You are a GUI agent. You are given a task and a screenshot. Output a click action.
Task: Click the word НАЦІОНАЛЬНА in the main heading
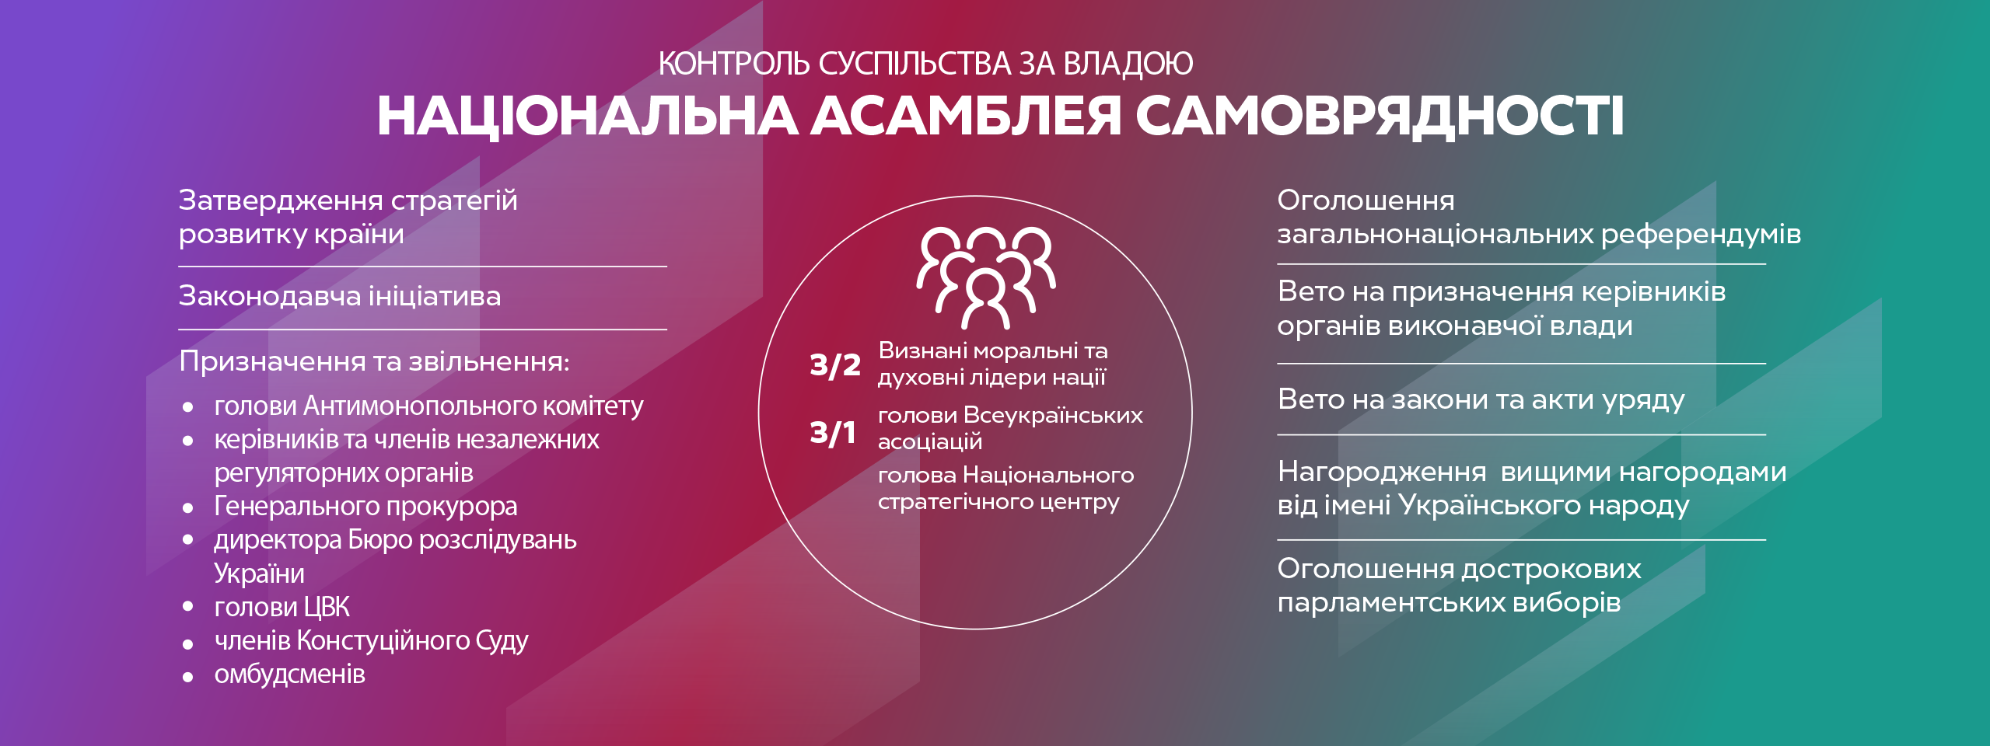click(587, 117)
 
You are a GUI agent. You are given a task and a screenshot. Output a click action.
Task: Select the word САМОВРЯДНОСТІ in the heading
click(1380, 117)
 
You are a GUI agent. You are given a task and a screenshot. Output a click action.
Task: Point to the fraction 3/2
click(834, 364)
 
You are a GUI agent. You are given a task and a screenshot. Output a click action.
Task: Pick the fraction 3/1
click(832, 432)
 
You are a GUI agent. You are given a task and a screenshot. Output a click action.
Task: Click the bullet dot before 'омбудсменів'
click(187, 677)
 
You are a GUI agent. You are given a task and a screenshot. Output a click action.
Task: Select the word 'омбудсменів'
click(289, 674)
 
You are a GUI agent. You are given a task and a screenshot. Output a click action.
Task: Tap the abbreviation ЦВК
click(327, 607)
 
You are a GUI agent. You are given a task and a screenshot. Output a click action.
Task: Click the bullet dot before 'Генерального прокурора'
click(187, 508)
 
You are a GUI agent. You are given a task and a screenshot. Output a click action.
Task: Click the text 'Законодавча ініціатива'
click(340, 296)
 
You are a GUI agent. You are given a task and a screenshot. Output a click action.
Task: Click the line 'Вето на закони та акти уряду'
click(1481, 399)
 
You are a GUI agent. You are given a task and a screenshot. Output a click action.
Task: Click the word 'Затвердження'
click(281, 200)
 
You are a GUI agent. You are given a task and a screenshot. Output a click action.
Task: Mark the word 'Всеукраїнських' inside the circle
click(1053, 415)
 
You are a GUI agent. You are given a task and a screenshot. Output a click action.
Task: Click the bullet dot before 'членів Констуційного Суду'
click(187, 643)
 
